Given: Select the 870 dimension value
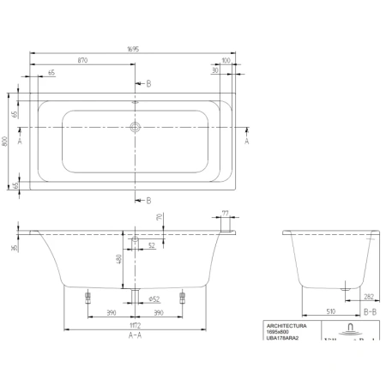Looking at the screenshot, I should click(82, 62).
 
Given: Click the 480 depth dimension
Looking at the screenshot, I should click(120, 258).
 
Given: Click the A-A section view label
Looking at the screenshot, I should click(134, 337).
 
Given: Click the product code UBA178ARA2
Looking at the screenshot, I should click(286, 341).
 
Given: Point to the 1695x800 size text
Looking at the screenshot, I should click(280, 335).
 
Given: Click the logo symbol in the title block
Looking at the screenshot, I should click(349, 329).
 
